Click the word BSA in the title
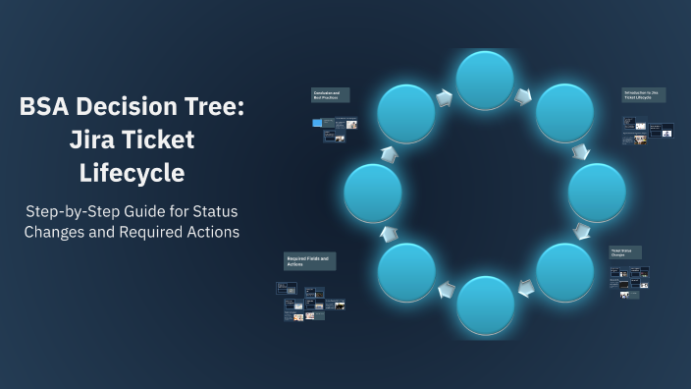[49, 108]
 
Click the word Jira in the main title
[94, 140]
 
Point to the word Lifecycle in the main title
[132, 173]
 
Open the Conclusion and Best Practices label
[330, 95]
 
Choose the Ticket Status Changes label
[624, 252]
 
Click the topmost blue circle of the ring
[485, 80]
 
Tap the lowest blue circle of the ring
[485, 305]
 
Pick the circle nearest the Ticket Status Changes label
[565, 271]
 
